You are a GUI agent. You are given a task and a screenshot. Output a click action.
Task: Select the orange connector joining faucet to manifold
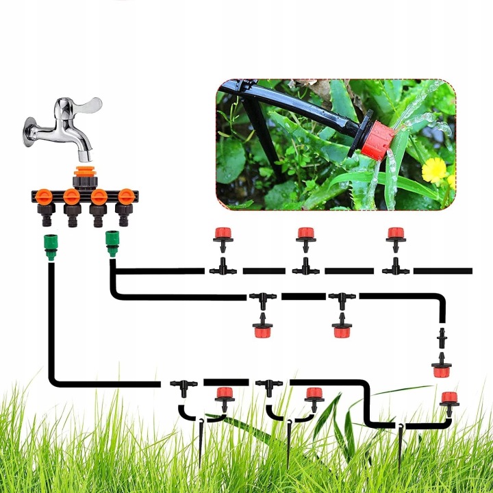point(86,172)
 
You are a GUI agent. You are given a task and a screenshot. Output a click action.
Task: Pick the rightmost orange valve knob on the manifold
point(126,198)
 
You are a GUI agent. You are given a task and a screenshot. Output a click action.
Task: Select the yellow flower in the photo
point(434,170)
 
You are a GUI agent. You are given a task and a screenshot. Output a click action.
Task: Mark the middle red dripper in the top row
point(305,234)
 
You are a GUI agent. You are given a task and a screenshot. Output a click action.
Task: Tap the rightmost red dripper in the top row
point(394,234)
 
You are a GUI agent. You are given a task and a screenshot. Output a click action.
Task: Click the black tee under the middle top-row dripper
point(305,267)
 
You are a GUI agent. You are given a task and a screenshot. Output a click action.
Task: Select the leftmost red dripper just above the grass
point(223,394)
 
